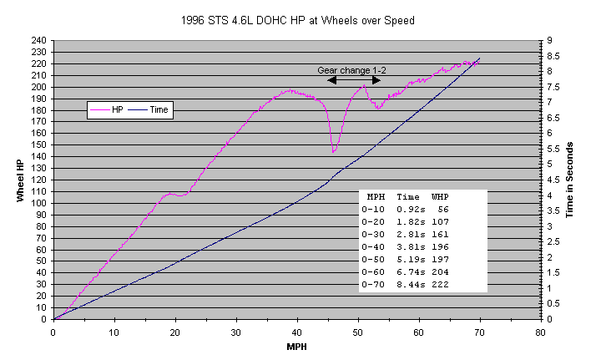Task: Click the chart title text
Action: pyautogui.click(x=297, y=18)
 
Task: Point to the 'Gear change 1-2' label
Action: pyautogui.click(x=351, y=70)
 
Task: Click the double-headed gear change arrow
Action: pyautogui.click(x=355, y=80)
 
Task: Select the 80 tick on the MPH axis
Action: pyautogui.click(x=540, y=330)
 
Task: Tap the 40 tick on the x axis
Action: pyautogui.click(x=297, y=330)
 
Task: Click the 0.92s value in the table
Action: pyautogui.click(x=407, y=209)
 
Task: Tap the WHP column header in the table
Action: pyautogui.click(x=441, y=195)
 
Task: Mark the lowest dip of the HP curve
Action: pyautogui.click(x=334, y=152)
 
